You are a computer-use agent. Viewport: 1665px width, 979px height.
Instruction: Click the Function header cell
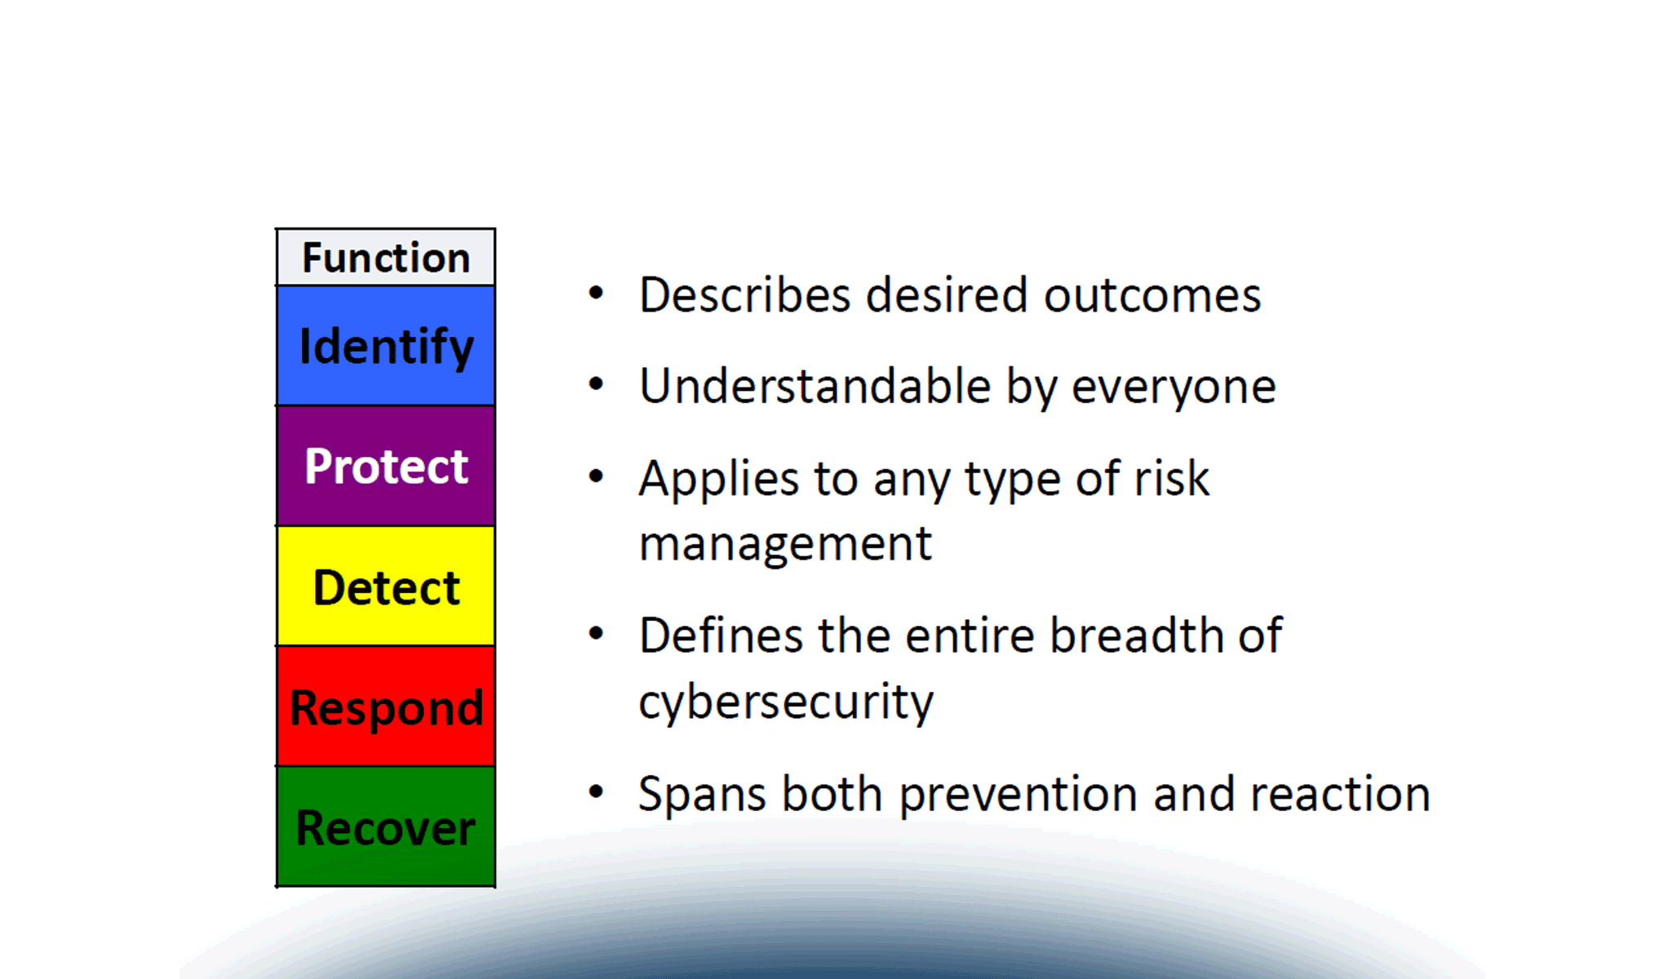click(385, 257)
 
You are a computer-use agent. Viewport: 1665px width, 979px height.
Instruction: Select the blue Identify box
click(385, 346)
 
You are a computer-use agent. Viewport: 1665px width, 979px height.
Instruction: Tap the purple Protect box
click(385, 466)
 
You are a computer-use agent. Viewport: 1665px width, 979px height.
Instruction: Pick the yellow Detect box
click(385, 586)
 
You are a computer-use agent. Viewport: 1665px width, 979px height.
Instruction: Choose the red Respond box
click(385, 707)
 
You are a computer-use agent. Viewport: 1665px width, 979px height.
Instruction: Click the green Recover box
click(385, 826)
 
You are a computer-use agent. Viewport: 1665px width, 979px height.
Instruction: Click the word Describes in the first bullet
click(744, 295)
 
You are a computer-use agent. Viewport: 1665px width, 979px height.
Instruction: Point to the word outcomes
click(1152, 296)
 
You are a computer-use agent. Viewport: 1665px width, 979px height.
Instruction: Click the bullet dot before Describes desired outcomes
click(597, 293)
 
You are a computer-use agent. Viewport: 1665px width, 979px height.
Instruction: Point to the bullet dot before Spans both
click(597, 791)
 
